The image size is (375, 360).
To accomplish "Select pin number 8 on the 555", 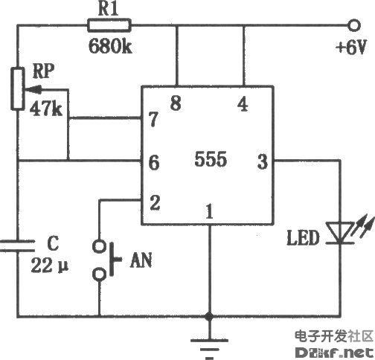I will [176, 103].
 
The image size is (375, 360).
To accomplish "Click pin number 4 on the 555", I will [243, 103].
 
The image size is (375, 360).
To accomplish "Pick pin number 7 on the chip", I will [154, 118].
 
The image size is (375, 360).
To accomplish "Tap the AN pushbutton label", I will [141, 260].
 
